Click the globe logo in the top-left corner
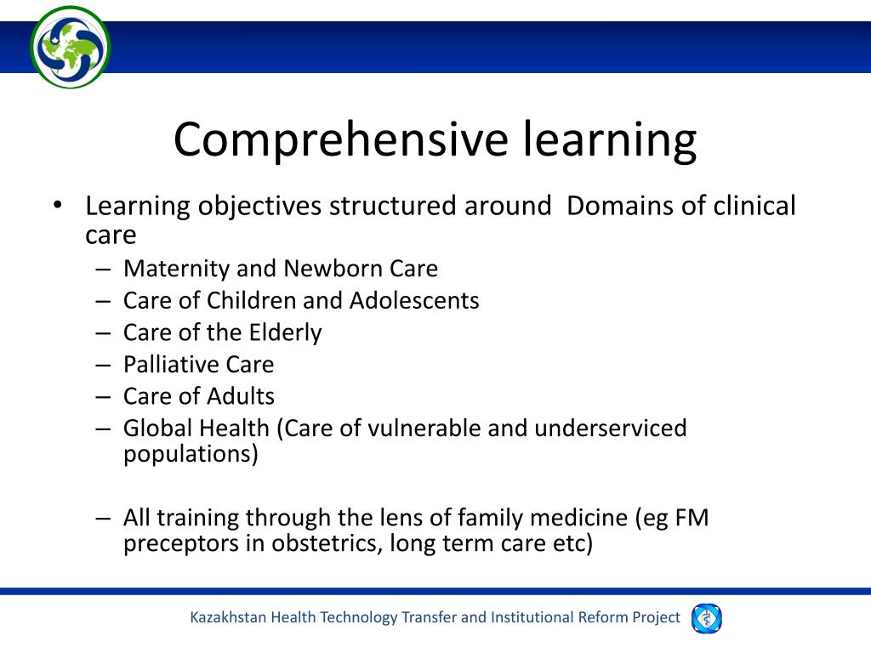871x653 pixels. [x=70, y=47]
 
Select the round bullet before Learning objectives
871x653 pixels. [x=56, y=206]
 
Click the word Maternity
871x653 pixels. [x=176, y=269]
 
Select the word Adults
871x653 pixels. [x=239, y=396]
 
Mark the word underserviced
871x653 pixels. [x=610, y=428]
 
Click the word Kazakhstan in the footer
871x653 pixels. [x=228, y=617]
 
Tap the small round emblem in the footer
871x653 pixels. [x=706, y=618]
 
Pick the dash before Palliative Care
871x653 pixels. [x=104, y=365]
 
